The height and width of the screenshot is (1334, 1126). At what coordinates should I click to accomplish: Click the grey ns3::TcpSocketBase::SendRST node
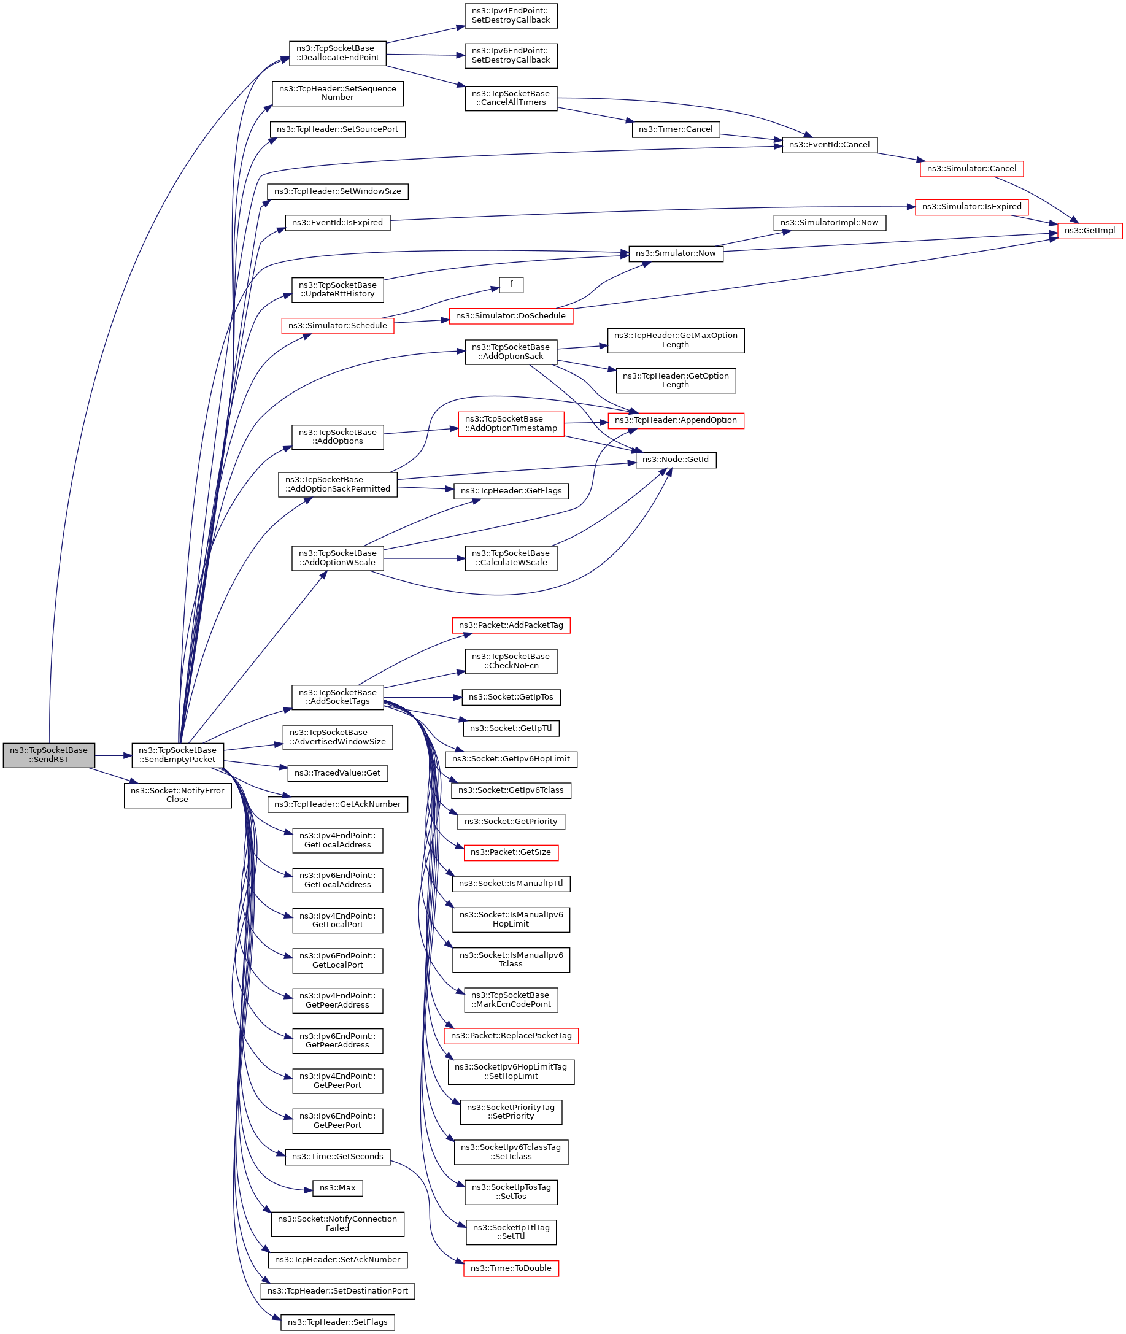[49, 755]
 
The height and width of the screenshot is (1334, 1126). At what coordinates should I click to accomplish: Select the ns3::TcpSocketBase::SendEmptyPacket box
[177, 755]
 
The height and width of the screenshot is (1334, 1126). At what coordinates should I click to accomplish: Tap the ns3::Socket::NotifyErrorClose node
[177, 795]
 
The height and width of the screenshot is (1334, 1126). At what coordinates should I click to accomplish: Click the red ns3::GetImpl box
[1090, 231]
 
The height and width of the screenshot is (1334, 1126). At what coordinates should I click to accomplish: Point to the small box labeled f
[511, 285]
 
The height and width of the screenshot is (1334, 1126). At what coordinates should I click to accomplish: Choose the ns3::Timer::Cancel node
[676, 129]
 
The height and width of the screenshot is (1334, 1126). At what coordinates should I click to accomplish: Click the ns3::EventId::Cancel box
[829, 145]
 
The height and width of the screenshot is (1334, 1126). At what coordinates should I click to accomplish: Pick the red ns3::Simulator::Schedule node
[337, 325]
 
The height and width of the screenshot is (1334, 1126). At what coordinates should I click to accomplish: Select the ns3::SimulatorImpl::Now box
[829, 223]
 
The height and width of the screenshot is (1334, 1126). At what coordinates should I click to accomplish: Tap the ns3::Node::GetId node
[676, 460]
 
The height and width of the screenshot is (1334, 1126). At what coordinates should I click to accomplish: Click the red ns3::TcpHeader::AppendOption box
[676, 420]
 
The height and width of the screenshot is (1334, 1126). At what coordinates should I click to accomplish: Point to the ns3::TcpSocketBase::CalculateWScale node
[511, 558]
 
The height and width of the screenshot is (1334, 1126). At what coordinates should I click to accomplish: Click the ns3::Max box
[337, 1188]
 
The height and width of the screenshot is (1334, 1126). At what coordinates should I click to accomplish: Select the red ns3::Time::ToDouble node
[511, 1268]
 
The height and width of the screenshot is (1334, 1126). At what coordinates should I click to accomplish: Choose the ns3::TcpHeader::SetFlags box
[337, 1322]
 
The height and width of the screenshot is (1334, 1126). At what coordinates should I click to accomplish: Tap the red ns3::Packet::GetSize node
[511, 852]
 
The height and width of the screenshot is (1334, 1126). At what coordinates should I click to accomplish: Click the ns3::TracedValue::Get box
[337, 773]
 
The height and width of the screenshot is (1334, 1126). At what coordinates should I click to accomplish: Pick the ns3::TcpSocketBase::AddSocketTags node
[337, 697]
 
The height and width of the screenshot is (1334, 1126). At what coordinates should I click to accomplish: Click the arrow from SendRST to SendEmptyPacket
[114, 756]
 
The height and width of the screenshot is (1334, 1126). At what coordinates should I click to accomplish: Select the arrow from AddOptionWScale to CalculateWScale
[425, 558]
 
